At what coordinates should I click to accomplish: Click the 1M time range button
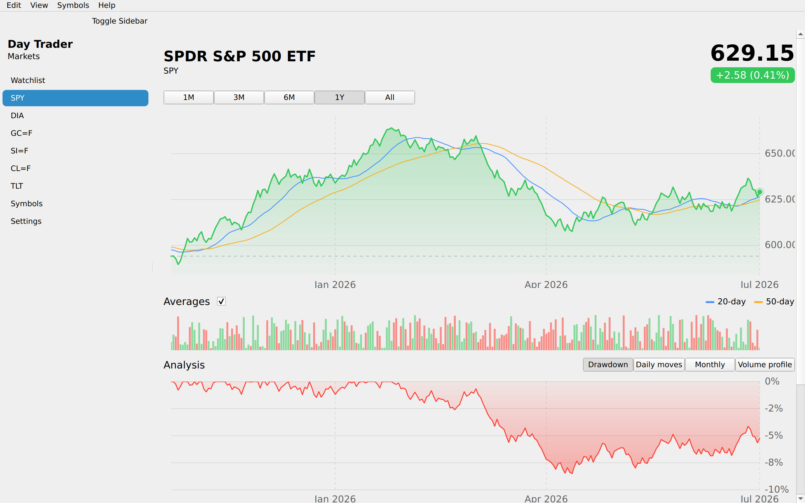pyautogui.click(x=189, y=97)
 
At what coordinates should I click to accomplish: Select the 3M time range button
pyautogui.click(x=239, y=97)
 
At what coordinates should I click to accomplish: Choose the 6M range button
pyautogui.click(x=289, y=97)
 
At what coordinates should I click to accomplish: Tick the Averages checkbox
pyautogui.click(x=221, y=301)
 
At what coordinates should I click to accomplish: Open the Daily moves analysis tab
pyautogui.click(x=659, y=365)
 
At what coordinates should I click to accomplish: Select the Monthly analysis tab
pyautogui.click(x=709, y=365)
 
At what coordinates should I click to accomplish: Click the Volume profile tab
pyautogui.click(x=765, y=365)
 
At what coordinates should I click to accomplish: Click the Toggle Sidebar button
pyautogui.click(x=119, y=21)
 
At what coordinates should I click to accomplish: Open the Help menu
pyautogui.click(x=107, y=5)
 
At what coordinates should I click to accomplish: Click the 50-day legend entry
pyautogui.click(x=774, y=302)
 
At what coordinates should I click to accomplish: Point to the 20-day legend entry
pyautogui.click(x=725, y=302)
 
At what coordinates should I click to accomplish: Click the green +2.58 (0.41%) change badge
pyautogui.click(x=752, y=75)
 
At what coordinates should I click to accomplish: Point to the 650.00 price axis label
pyautogui.click(x=780, y=153)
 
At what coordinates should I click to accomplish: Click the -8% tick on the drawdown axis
pyautogui.click(x=774, y=462)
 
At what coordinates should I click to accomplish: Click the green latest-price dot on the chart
pyautogui.click(x=760, y=192)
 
